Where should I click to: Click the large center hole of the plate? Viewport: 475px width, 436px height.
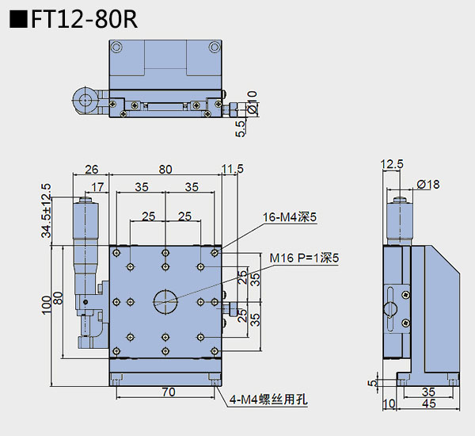[x=165, y=299]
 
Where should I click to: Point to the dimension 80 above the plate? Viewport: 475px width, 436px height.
[x=165, y=169]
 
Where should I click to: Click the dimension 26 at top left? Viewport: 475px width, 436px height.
[x=91, y=169]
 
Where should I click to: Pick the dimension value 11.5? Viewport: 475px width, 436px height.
[x=233, y=169]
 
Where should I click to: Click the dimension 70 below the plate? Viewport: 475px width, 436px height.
[x=167, y=391]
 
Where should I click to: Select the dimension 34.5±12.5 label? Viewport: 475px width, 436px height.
[x=47, y=211]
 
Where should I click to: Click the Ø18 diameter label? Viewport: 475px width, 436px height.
[x=427, y=185]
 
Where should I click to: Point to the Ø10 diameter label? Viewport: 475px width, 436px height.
[x=252, y=104]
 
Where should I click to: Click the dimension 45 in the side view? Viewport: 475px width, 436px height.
[x=430, y=405]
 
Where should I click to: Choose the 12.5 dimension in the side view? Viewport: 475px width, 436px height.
[x=392, y=165]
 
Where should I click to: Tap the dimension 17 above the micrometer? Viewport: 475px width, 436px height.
[x=97, y=187]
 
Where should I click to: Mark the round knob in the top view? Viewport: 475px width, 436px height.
[x=84, y=100]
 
